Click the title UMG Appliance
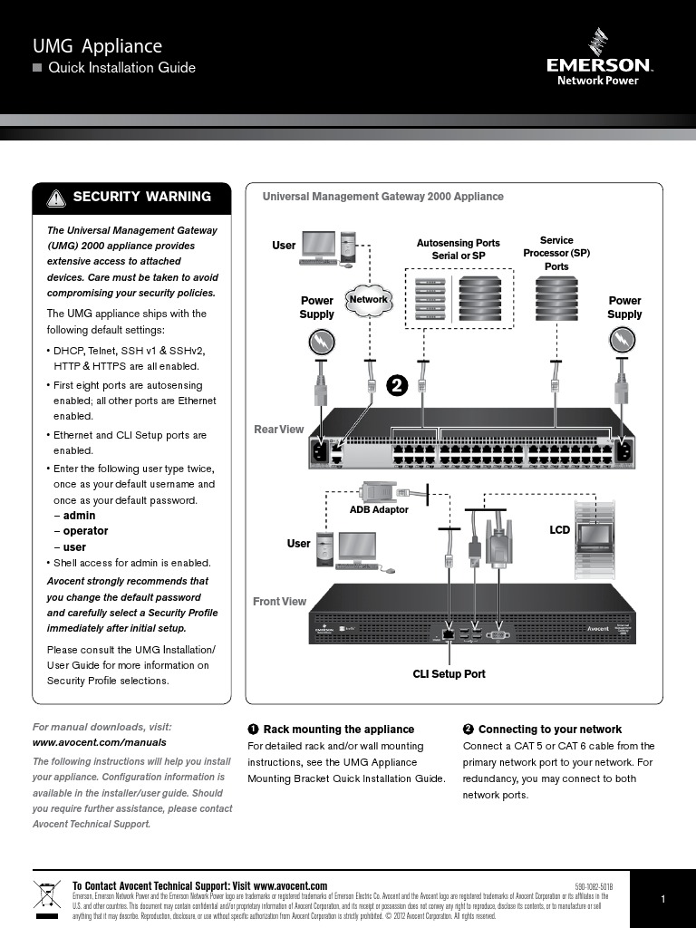97,46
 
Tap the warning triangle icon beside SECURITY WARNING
56,198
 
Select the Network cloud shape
368,300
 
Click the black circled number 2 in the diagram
397,384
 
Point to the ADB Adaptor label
379,509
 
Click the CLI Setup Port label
449,673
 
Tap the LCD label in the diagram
560,529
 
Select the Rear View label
279,429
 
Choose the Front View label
279,602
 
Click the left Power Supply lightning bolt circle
322,341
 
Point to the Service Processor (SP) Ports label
556,254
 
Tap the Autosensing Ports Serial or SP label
458,249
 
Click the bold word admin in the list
79,515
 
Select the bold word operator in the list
85,531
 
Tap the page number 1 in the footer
662,899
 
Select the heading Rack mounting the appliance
338,729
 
